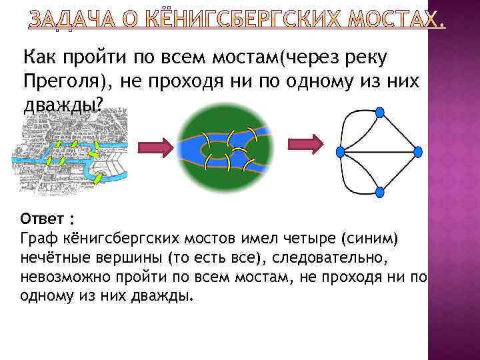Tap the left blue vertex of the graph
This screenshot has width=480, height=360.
(x=341, y=152)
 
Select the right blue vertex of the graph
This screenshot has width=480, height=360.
(x=418, y=152)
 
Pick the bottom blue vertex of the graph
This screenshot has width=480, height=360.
(x=380, y=192)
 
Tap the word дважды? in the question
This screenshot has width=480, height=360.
(x=64, y=105)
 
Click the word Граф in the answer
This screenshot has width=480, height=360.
(x=37, y=238)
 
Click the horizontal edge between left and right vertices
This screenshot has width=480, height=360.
(x=379, y=153)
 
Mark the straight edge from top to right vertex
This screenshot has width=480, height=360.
(x=399, y=133)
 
